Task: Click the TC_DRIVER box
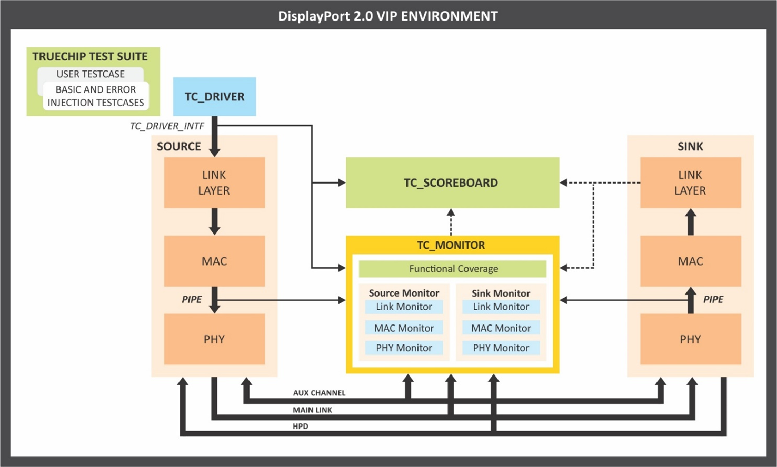click(214, 97)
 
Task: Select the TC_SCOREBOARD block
click(452, 182)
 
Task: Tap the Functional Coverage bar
click(453, 269)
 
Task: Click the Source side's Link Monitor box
click(404, 307)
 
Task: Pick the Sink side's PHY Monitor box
click(501, 348)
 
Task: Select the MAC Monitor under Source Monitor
click(404, 328)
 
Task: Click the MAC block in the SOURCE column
click(214, 261)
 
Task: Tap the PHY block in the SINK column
click(690, 339)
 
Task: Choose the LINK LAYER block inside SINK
click(690, 182)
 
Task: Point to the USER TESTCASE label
click(91, 74)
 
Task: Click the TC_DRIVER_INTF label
click(167, 126)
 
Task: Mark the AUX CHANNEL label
click(319, 393)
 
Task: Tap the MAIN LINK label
click(312, 410)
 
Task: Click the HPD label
click(301, 426)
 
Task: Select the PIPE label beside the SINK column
click(713, 299)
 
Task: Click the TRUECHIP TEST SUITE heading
click(90, 56)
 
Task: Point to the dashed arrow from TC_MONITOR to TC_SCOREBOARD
click(451, 222)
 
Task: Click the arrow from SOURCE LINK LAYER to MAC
click(214, 221)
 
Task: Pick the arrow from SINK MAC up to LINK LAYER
click(691, 221)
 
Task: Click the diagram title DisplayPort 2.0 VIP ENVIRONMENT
click(388, 16)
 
